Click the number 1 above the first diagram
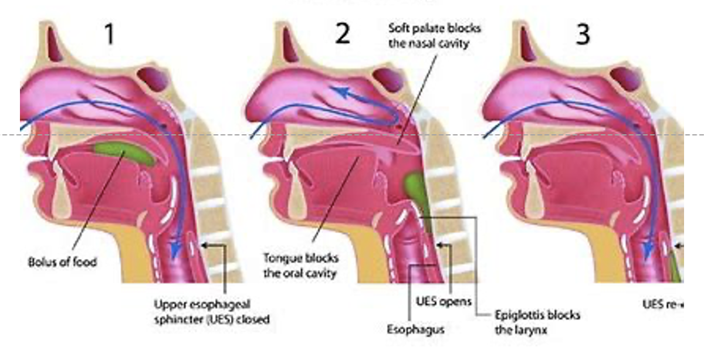point(109,35)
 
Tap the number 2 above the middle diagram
point(343,35)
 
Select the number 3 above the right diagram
point(583,35)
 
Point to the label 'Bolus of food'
point(63,262)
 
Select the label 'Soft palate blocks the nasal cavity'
point(429,36)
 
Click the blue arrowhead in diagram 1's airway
point(174,253)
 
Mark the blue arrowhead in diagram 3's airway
point(647,253)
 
